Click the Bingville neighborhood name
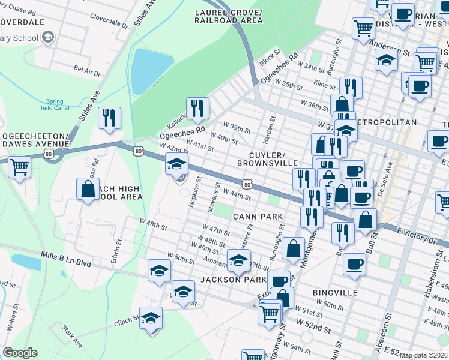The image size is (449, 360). [335, 292]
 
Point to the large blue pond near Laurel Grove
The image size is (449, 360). [148, 71]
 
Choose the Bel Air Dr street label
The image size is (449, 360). [87, 71]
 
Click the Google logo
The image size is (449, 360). [20, 353]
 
